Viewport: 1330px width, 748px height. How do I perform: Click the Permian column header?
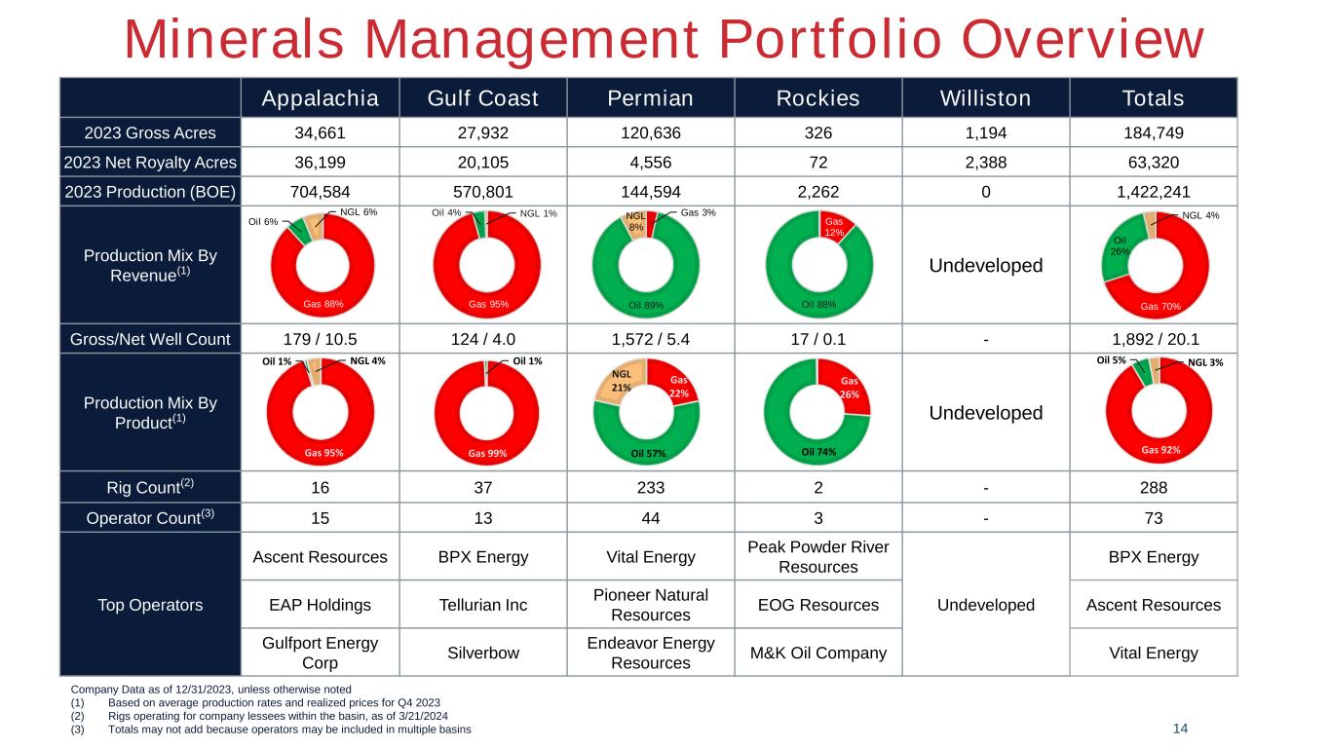(650, 98)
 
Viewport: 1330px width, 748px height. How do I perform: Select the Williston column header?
(985, 98)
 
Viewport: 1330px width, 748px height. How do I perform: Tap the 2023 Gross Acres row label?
(150, 132)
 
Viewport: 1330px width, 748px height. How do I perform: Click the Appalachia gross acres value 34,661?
(320, 132)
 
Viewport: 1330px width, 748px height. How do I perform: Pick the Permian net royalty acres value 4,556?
(650, 162)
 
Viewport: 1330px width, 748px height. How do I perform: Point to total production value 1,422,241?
(1153, 192)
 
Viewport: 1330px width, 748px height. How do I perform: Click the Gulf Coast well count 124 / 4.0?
(482, 339)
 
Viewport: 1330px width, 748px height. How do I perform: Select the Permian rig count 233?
(650, 487)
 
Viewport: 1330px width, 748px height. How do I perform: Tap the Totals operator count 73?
(1153, 518)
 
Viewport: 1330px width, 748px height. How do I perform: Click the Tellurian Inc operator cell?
(482, 605)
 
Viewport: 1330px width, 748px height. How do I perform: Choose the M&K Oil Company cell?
(818, 653)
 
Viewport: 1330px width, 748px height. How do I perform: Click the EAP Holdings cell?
(320, 605)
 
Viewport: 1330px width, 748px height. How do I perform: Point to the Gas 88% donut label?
(323, 304)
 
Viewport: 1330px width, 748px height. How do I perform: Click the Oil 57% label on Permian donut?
(648, 454)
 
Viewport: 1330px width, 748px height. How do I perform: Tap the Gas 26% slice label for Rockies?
(849, 388)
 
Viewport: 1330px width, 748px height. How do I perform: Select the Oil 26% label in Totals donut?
(1120, 245)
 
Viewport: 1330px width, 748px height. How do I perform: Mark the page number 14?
(1180, 729)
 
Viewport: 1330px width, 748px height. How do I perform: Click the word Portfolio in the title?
(830, 40)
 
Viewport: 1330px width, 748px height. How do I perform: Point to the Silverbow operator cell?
(482, 653)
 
